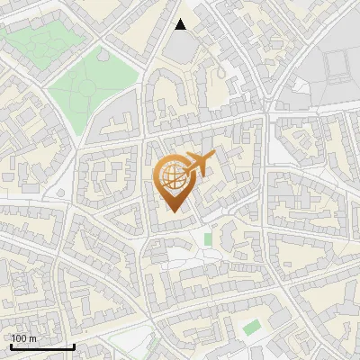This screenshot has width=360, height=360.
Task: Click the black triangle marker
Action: (x=181, y=24)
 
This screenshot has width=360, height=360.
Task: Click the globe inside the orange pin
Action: (x=171, y=175)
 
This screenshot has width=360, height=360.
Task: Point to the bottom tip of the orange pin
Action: (x=175, y=212)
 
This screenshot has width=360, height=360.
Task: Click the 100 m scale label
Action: (x=23, y=338)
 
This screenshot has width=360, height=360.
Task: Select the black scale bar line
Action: (x=42, y=346)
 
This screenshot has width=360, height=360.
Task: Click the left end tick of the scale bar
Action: (x=11, y=345)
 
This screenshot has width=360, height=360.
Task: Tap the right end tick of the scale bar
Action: (x=74, y=345)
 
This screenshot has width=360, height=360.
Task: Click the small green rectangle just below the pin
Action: (x=208, y=239)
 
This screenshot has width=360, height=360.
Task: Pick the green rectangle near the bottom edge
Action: (x=251, y=327)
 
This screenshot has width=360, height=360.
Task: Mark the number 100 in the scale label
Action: (x=19, y=338)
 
